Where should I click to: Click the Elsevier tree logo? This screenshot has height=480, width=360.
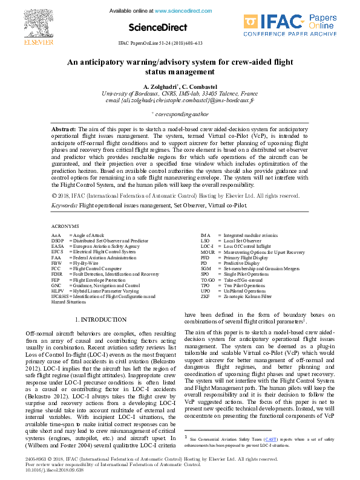tap(30, 22)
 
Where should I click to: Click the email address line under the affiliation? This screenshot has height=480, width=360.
tap(180, 100)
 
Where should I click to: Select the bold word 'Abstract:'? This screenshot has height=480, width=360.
tap(64, 129)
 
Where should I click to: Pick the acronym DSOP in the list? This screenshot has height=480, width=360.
tap(57, 240)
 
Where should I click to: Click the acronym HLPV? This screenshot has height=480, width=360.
tap(57, 291)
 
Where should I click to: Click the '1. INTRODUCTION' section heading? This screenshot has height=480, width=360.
tap(100, 319)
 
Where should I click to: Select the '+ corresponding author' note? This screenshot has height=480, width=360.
tap(180, 114)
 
